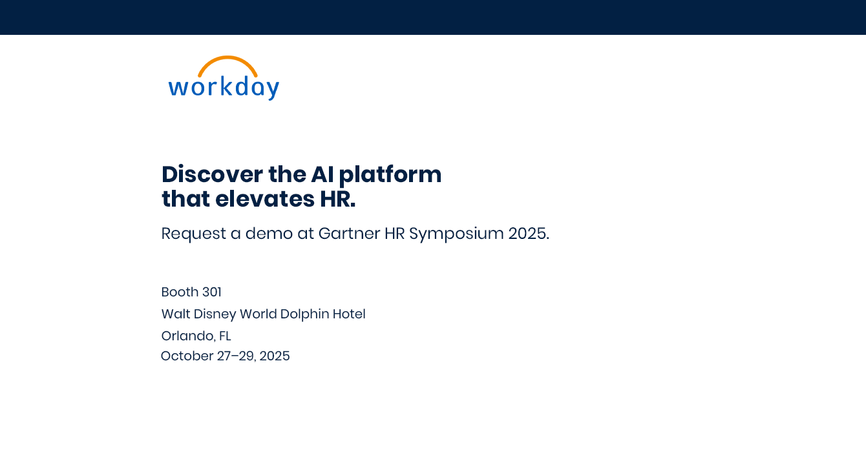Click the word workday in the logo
(224, 88)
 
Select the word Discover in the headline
(212, 174)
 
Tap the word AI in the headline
(322, 174)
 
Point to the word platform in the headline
(390, 175)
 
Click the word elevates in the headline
(265, 199)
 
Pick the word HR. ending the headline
(337, 200)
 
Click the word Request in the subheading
(194, 234)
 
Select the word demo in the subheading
(269, 233)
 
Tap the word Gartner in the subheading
(349, 233)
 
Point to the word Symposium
(456, 234)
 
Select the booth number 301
(211, 292)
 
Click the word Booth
(180, 292)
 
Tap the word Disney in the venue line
(215, 314)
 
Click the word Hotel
(349, 314)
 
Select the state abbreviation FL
(225, 336)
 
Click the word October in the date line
(187, 356)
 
